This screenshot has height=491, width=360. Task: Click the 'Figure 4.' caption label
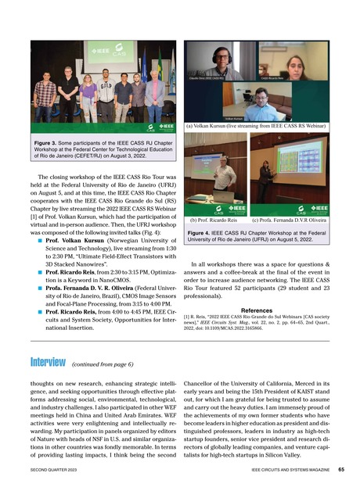point(202,233)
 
